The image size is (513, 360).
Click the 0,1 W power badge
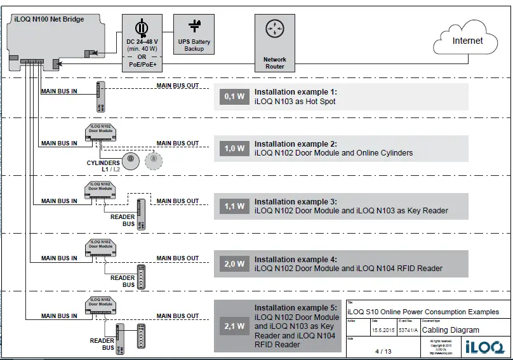click(234, 97)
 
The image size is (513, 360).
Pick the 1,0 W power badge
click(234, 149)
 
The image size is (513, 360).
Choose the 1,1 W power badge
click(234, 206)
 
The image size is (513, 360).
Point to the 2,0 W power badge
click(234, 263)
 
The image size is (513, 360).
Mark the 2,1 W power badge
click(234, 326)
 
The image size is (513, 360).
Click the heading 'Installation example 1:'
click(295, 92)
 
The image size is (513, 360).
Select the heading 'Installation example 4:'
click(295, 259)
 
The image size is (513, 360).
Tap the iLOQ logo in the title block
click(484, 347)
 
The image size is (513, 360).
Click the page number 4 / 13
click(383, 351)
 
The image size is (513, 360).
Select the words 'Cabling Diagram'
click(451, 330)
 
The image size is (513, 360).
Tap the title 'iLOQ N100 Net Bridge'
click(49, 20)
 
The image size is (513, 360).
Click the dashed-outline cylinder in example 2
click(152, 160)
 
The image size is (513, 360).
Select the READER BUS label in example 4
click(123, 281)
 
